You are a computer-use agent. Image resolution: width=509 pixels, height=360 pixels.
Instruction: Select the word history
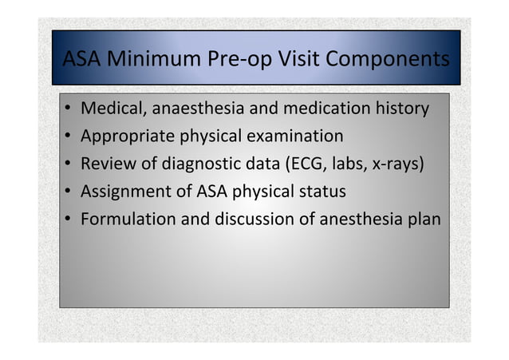point(402,108)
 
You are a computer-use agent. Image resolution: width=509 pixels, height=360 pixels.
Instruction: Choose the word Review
point(105,164)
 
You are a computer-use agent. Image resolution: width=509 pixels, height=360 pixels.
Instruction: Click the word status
point(321,192)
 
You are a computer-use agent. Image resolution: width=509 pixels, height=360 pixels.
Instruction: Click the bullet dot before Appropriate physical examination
point(69,136)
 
